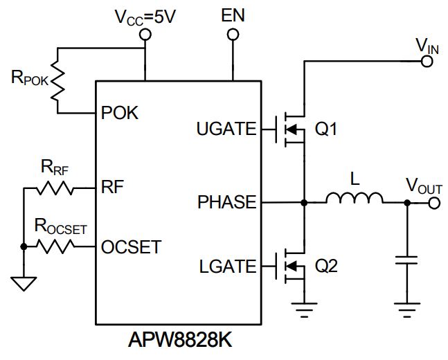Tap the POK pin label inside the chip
click(120, 113)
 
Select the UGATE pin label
click(226, 128)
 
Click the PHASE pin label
click(227, 203)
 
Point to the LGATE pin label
click(227, 266)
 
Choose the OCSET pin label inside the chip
click(132, 246)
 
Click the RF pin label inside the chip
click(113, 188)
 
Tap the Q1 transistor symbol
click(291, 129)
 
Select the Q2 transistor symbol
click(291, 266)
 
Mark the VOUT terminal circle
click(434, 203)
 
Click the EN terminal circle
click(233, 32)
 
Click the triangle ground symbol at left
click(23, 282)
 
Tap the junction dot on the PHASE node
click(303, 203)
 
